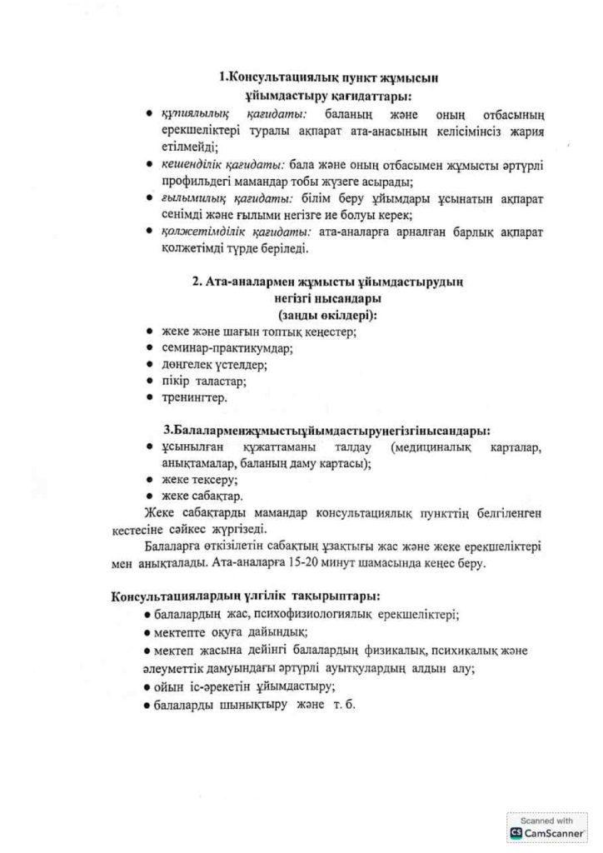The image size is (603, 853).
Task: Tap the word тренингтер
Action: [193, 397]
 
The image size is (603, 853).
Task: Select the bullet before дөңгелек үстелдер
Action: [148, 365]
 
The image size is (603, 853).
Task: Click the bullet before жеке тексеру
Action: [148, 481]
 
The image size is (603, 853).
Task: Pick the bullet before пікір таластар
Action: [148, 382]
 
